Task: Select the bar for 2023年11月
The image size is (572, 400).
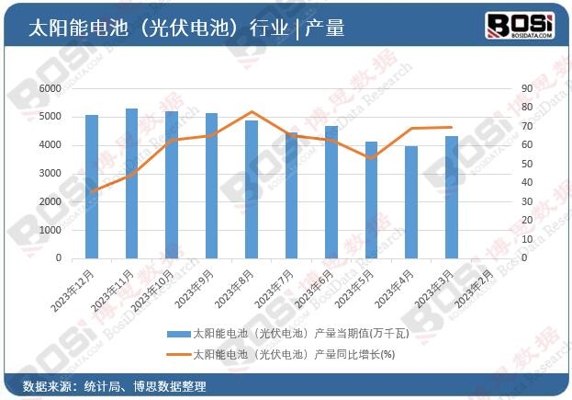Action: point(131,183)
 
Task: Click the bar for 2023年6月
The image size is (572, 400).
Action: point(331,192)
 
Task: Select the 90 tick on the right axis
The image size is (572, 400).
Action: point(526,88)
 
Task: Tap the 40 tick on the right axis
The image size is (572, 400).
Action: point(526,182)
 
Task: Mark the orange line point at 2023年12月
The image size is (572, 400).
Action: point(92,191)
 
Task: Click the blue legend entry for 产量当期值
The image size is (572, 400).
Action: point(275,333)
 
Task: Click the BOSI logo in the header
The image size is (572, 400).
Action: point(519,25)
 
